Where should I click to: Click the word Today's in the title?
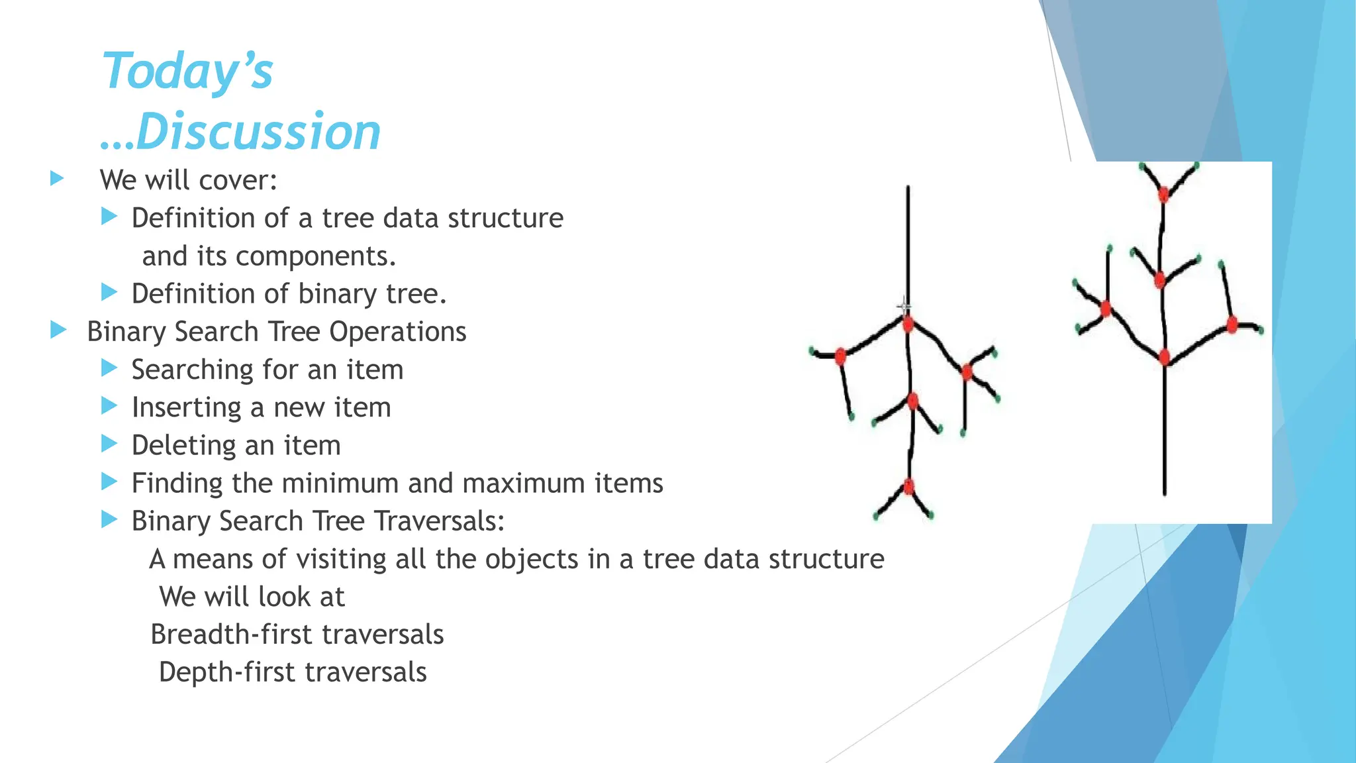(x=187, y=71)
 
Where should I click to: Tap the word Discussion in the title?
(x=258, y=131)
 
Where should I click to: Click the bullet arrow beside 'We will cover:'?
(x=57, y=178)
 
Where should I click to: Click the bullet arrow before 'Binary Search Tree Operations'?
(x=58, y=330)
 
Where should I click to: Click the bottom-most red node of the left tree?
(x=908, y=487)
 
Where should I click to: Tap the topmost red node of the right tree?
(x=1163, y=194)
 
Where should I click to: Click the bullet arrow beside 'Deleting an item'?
(x=109, y=444)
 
